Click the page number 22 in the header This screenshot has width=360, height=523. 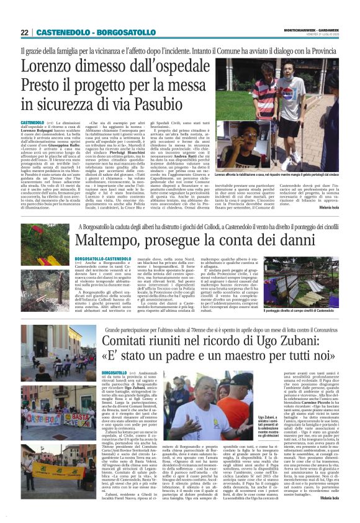pos(25,32)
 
